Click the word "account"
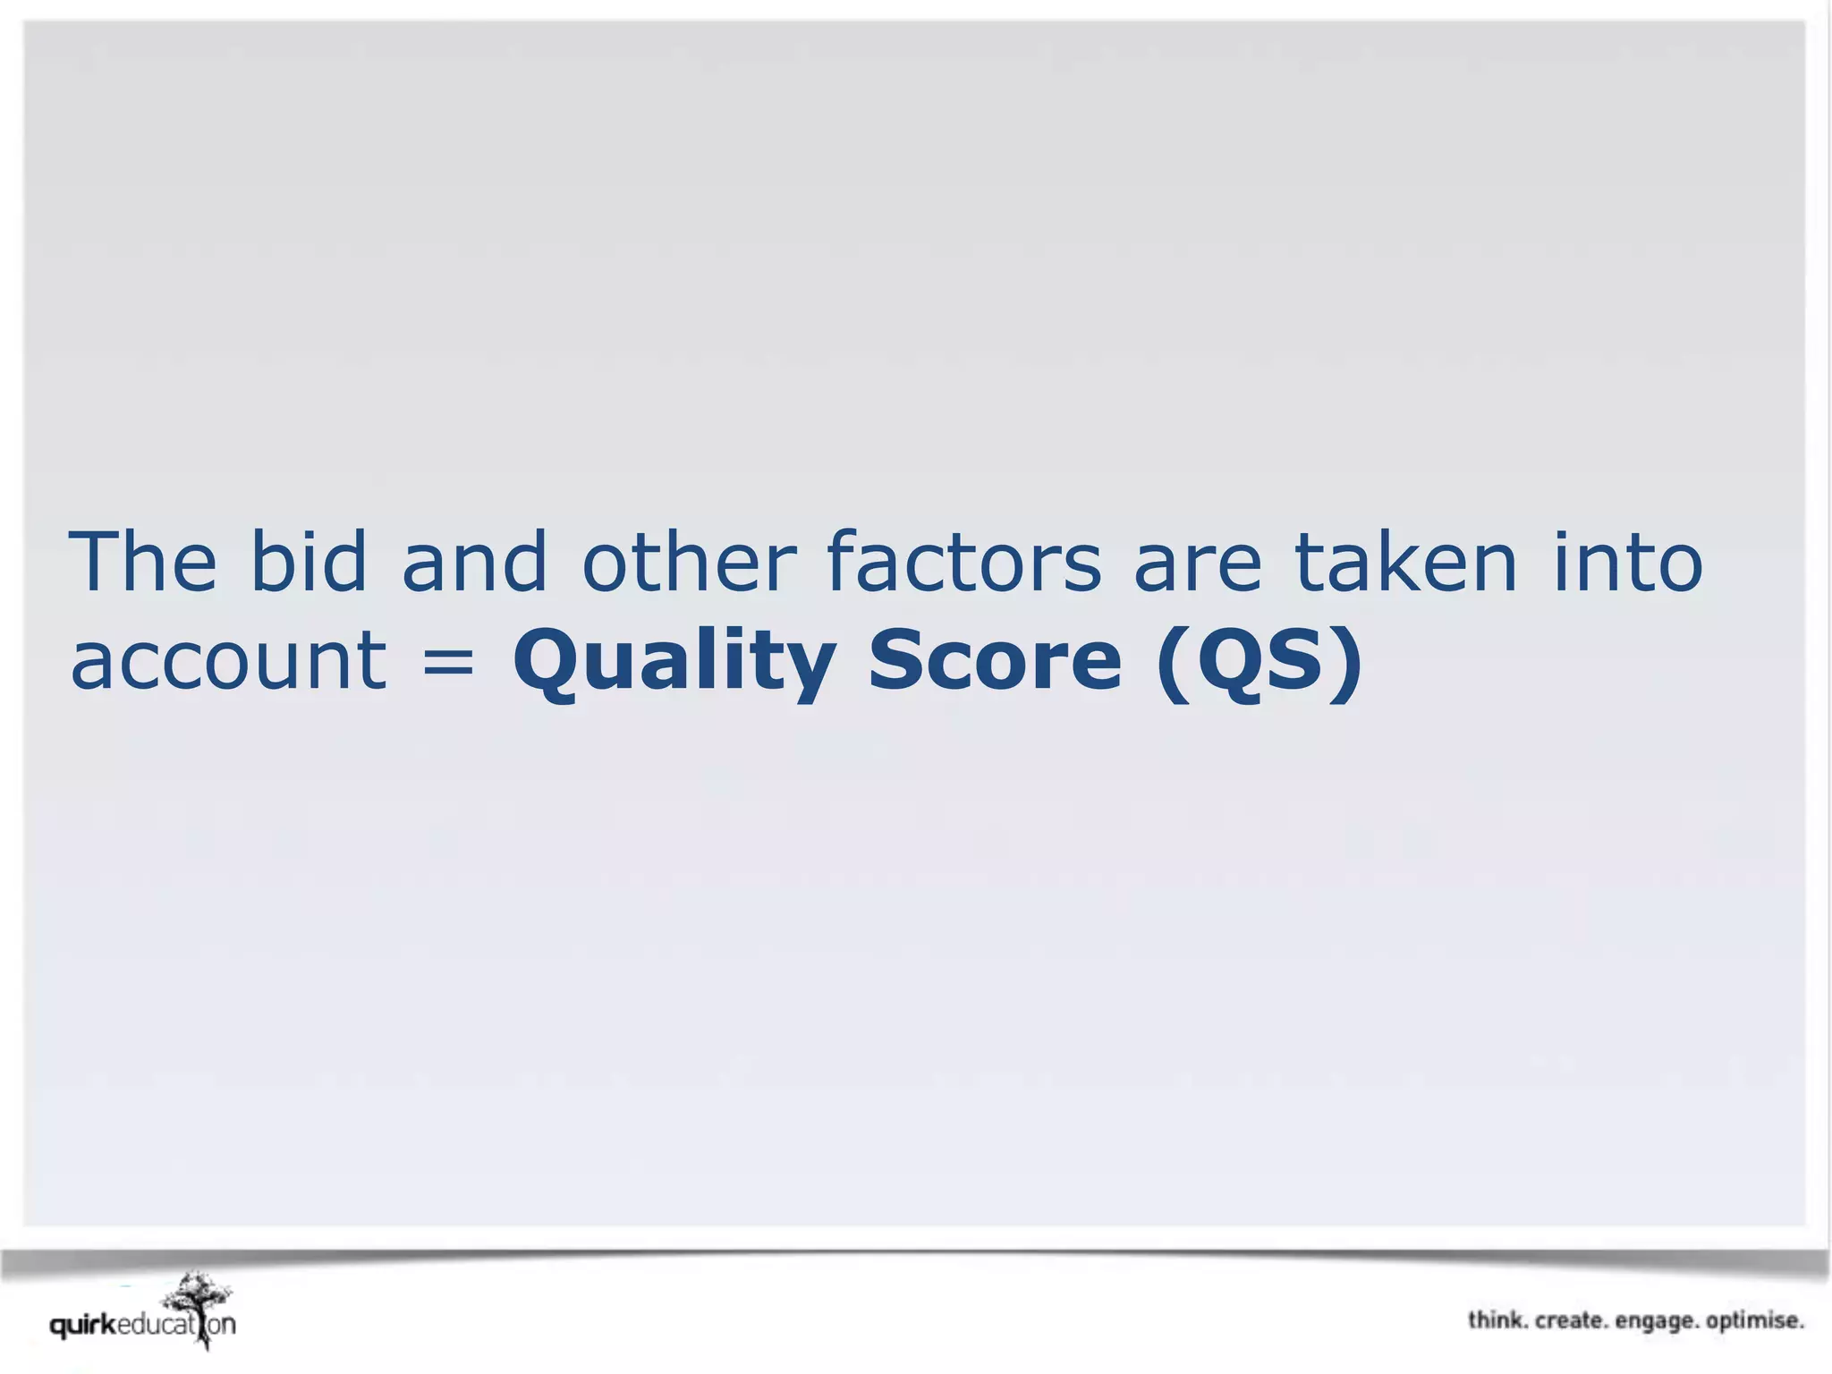click(x=229, y=662)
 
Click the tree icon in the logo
click(x=199, y=1302)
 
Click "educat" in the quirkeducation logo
click(x=157, y=1325)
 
